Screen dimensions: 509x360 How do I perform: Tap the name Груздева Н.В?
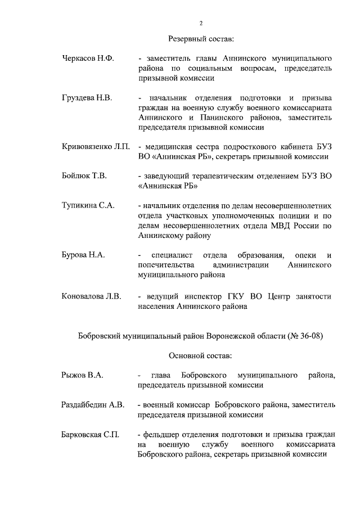click(x=87, y=98)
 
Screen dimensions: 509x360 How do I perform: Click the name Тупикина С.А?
click(x=88, y=206)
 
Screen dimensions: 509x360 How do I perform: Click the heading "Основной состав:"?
click(x=200, y=355)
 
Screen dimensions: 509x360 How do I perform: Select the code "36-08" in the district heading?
click(x=308, y=336)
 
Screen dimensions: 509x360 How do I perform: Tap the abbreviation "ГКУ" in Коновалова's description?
click(x=233, y=296)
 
